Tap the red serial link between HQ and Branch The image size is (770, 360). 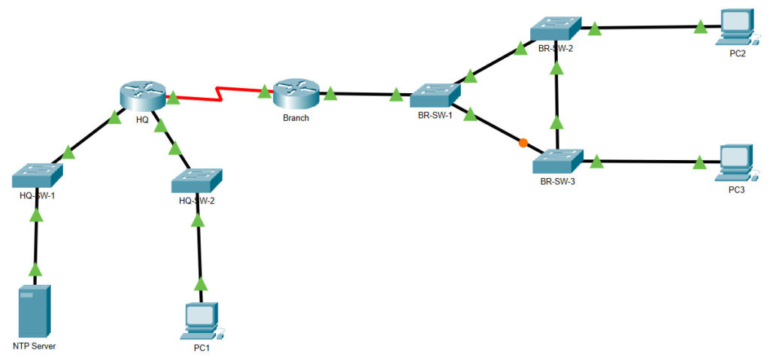coord(218,96)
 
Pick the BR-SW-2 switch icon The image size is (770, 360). coord(556,28)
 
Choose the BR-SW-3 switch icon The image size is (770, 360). coord(557,161)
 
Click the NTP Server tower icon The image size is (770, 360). coord(35,310)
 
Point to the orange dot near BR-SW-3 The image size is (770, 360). coord(523,142)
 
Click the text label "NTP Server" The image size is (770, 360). coord(35,346)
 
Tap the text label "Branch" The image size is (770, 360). coord(295,119)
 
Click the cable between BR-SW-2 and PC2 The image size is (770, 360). coord(647,29)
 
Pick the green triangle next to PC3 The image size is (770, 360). coord(699,162)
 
